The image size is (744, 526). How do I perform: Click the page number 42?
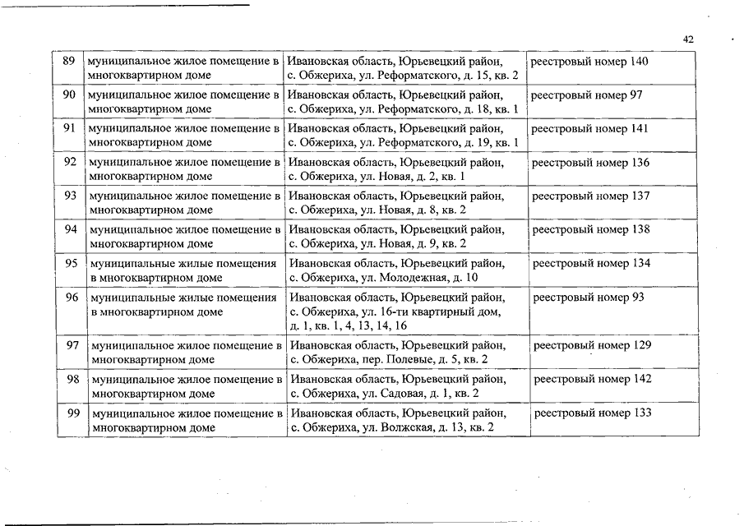(x=689, y=39)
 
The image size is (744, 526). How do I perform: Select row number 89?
(x=69, y=62)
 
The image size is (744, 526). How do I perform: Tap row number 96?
(x=72, y=298)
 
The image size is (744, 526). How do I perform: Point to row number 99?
(x=73, y=413)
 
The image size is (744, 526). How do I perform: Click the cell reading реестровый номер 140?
(x=589, y=62)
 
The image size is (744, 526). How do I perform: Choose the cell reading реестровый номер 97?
(x=586, y=95)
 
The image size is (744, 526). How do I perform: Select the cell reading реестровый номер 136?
(x=590, y=163)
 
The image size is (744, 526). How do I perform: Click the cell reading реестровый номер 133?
(x=593, y=413)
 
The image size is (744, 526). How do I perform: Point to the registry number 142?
(x=593, y=380)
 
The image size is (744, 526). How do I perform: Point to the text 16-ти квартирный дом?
(x=395, y=311)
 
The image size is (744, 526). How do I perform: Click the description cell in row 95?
(x=183, y=270)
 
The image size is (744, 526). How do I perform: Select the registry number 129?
(x=593, y=346)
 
